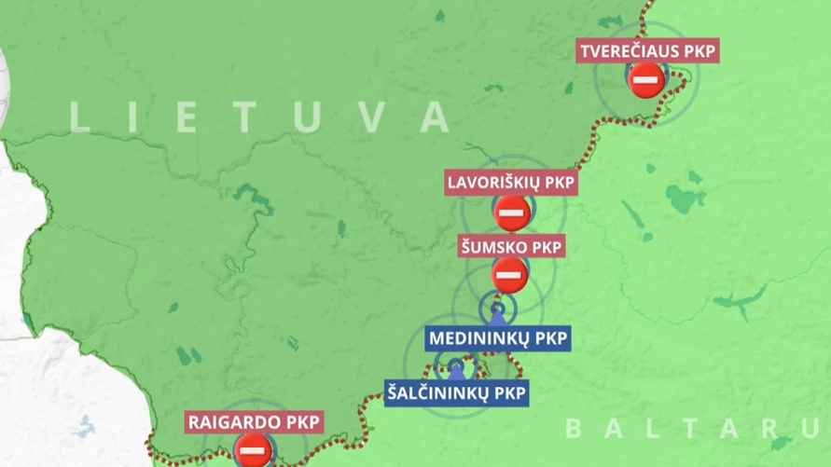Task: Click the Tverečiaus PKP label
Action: coord(648,52)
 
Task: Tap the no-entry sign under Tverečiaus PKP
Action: coord(646,81)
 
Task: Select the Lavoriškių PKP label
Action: coord(511,182)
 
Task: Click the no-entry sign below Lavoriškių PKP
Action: coord(512,213)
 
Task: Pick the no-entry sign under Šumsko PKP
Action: coord(509,276)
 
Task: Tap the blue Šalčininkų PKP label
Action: coord(455,392)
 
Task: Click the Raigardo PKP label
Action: coord(254,422)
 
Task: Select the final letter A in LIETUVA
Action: coord(434,117)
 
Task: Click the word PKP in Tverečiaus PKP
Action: coord(698,52)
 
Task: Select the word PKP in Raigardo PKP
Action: coord(301,422)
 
